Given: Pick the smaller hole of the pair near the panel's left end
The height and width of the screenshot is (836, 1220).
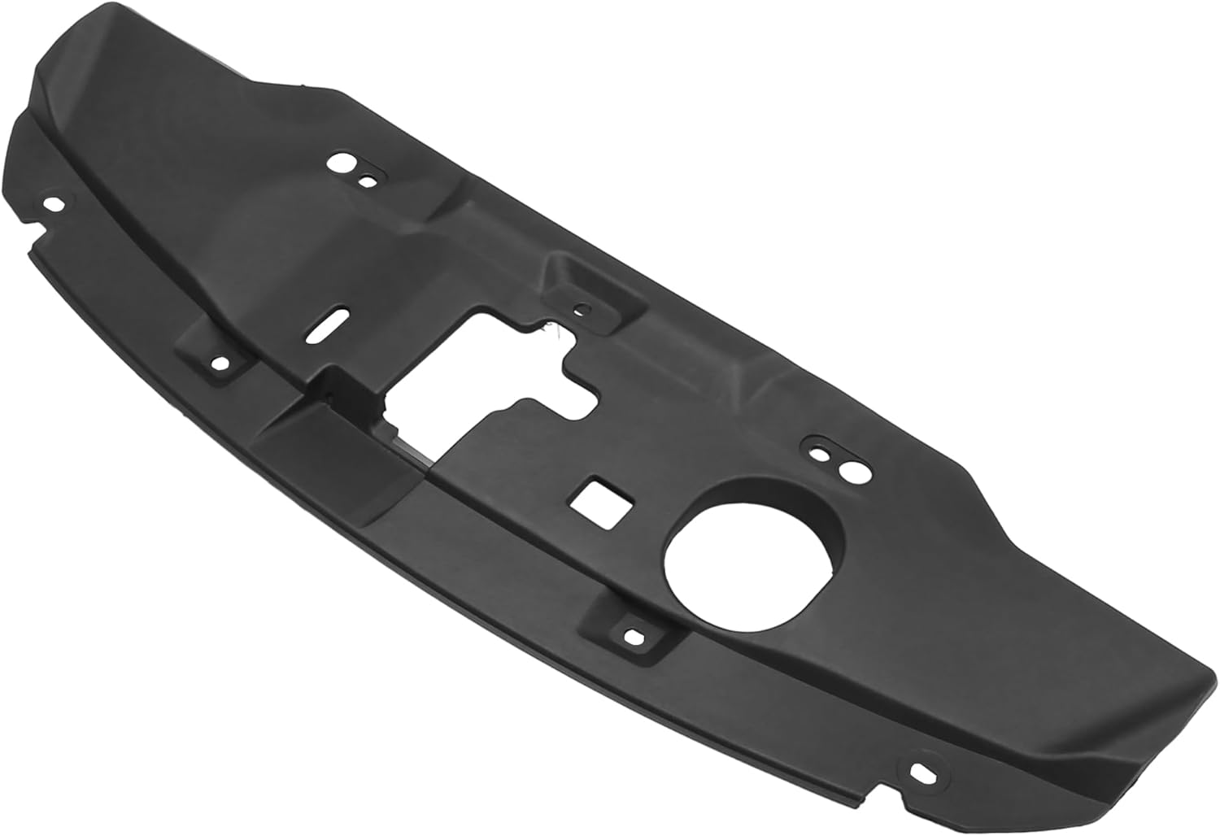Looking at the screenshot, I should coord(368,181).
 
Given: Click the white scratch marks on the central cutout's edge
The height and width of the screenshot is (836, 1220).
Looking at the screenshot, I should coord(548,330).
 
